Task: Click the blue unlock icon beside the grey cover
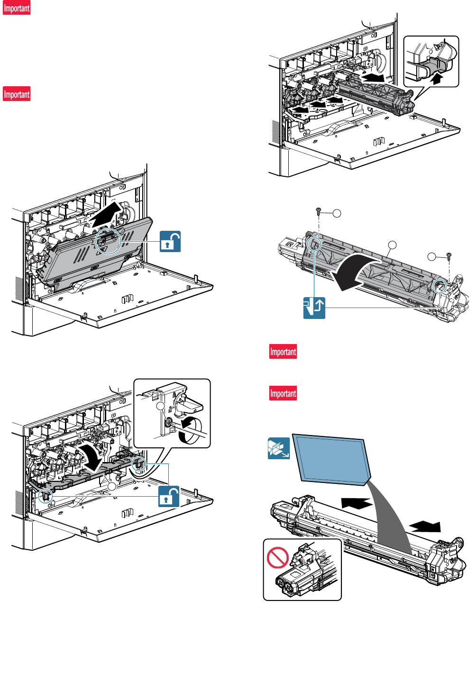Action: (x=170, y=241)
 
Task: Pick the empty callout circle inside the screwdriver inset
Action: (x=161, y=406)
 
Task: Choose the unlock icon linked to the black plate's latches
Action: (x=169, y=496)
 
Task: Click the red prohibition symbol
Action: (x=278, y=558)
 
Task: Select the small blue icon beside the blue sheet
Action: (x=279, y=448)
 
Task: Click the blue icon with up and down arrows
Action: (x=314, y=308)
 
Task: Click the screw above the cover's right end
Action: (x=449, y=256)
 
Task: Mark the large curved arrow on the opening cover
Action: (x=356, y=272)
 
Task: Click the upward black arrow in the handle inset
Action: (x=436, y=77)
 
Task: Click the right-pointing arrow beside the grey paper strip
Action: (x=426, y=526)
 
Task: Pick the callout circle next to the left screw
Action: (x=337, y=213)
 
